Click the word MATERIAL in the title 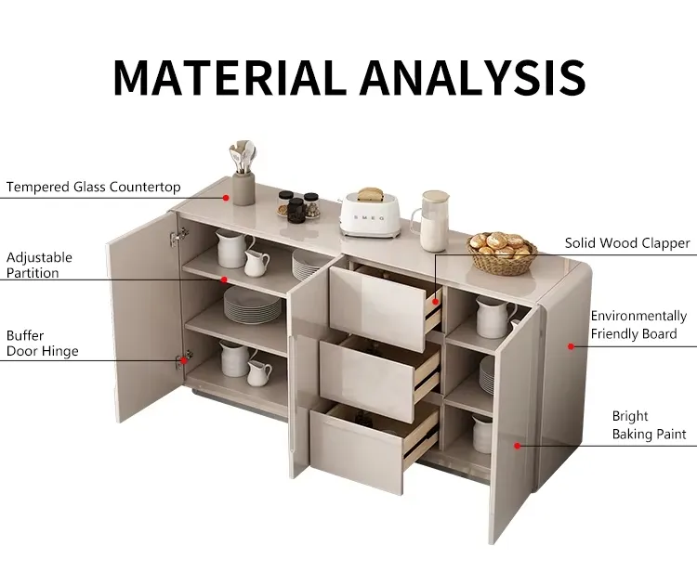point(230,77)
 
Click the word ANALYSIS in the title point(472,77)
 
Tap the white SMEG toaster point(370,214)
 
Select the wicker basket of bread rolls point(502,253)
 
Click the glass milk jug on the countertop point(431,221)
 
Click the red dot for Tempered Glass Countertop point(226,198)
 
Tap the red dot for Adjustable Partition point(224,279)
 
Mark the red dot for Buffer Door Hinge point(184,360)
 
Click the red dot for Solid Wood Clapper point(436,302)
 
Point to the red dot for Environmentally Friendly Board point(572,346)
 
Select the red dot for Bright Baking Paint point(517,446)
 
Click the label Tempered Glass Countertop point(93,187)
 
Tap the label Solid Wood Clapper point(627,243)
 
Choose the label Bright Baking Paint point(649,425)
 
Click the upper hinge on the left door point(178,237)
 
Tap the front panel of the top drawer point(377,308)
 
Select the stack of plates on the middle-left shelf point(253,305)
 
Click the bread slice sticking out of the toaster point(370,194)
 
